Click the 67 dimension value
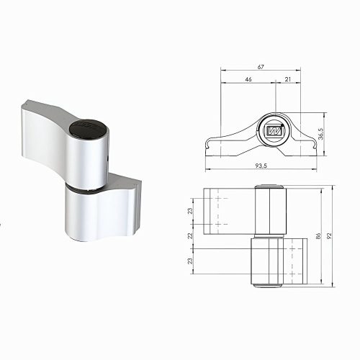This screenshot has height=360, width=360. point(261,66)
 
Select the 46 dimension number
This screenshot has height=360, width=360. point(248,79)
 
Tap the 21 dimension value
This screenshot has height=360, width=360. point(287,79)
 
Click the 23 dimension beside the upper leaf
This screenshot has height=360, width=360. point(191,212)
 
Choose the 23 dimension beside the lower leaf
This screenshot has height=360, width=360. point(191,262)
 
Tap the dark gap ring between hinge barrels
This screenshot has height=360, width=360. point(85,189)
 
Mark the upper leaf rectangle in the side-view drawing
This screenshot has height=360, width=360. point(228,211)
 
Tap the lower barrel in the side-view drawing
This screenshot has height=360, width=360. point(264,262)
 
